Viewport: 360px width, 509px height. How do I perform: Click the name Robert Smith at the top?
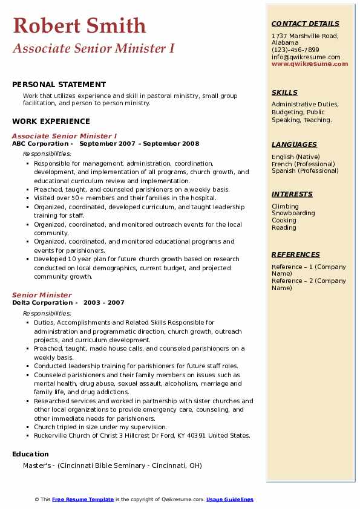click(x=79, y=26)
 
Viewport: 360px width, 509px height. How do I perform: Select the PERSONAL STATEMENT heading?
click(x=59, y=85)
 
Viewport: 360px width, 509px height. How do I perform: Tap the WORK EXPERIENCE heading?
click(x=51, y=121)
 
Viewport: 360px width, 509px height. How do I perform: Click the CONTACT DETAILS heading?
click(x=306, y=24)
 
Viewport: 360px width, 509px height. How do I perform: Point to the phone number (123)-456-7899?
click(x=295, y=50)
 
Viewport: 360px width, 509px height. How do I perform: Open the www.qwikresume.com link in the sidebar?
click(x=310, y=64)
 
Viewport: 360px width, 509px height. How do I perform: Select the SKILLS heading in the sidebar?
click(x=284, y=92)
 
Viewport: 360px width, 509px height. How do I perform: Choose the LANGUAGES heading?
click(x=294, y=144)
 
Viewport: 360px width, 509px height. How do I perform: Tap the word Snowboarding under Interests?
click(x=293, y=213)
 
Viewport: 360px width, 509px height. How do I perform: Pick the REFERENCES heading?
click(x=296, y=254)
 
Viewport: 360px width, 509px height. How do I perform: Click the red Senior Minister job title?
click(x=42, y=295)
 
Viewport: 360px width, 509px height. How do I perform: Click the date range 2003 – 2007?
click(x=104, y=302)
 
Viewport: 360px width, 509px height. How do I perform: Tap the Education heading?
click(x=30, y=454)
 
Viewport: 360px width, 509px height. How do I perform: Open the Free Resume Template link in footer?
click(x=83, y=499)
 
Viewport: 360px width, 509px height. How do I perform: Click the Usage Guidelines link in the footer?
click(x=230, y=499)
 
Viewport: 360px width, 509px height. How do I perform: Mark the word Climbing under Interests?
click(x=285, y=206)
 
